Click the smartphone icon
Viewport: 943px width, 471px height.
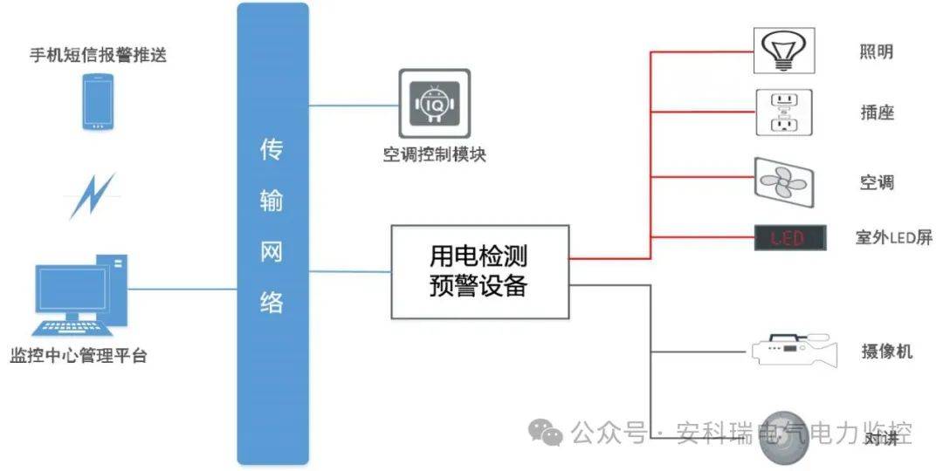pos(98,102)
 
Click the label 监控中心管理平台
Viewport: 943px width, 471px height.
pos(79,356)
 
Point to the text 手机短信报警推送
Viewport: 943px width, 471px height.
pos(98,55)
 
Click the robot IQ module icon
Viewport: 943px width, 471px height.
pos(434,103)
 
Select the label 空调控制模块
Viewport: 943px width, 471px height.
pos(434,155)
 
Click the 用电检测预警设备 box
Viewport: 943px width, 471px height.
pos(480,271)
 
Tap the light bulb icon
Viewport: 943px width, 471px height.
pos(784,51)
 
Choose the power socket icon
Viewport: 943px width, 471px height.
pos(783,113)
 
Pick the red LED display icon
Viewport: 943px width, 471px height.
pos(789,238)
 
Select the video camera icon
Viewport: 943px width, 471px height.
pos(794,351)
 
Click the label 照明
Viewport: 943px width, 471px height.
pos(877,51)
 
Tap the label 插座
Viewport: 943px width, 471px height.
pos(877,113)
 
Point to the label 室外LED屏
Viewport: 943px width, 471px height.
pos(893,237)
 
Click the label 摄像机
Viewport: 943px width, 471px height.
pos(886,351)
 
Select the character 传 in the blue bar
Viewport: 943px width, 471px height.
pos(272,150)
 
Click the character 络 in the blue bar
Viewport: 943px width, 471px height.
pos(272,302)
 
